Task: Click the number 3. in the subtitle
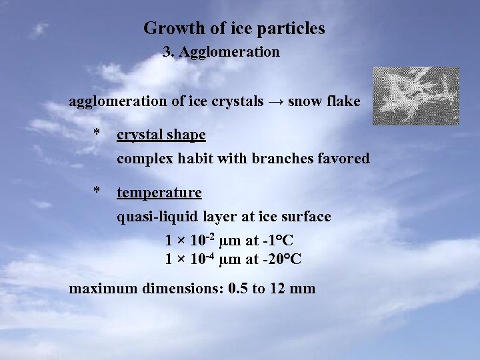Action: [169, 51]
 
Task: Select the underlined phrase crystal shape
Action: [161, 135]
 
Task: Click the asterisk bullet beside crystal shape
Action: [97, 134]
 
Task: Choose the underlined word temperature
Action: [159, 193]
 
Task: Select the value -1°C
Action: [279, 240]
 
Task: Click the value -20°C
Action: [283, 259]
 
